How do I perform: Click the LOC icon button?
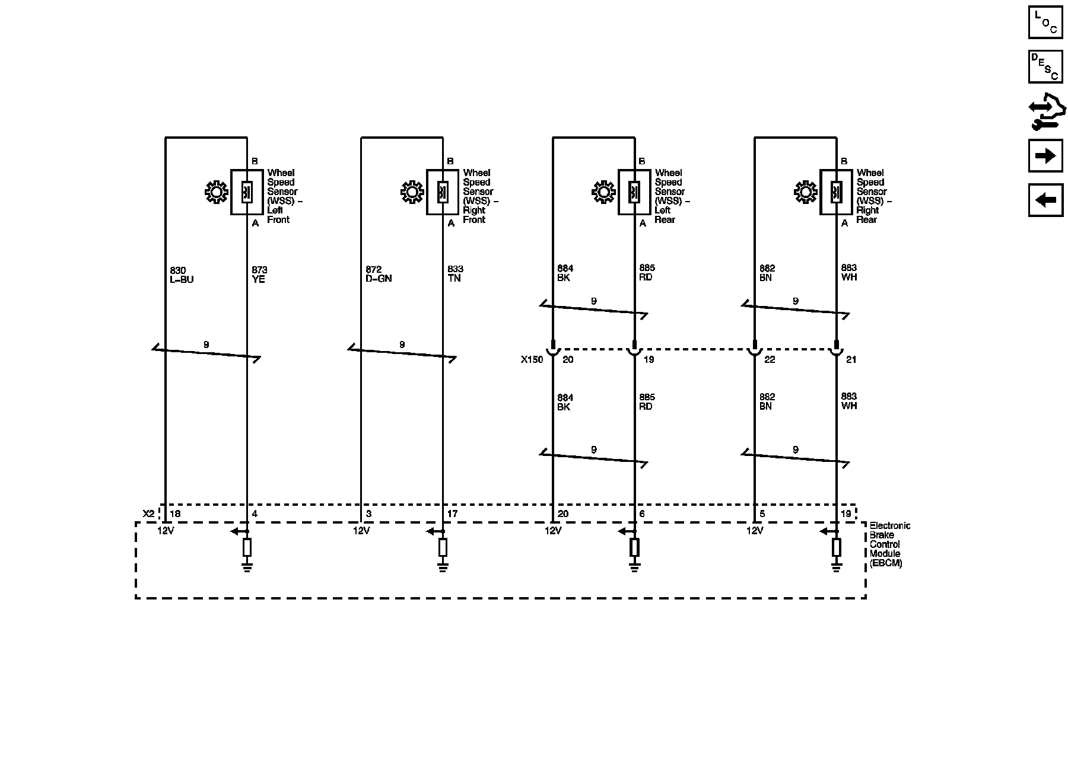click(x=1045, y=23)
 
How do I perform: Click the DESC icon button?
click(x=1045, y=66)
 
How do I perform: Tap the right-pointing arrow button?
click(x=1045, y=156)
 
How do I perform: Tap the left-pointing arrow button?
click(x=1045, y=200)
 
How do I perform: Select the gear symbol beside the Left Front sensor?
click(x=216, y=192)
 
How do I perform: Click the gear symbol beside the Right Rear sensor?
click(x=805, y=192)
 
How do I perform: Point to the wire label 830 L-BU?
click(x=182, y=275)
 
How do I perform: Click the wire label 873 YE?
click(x=259, y=275)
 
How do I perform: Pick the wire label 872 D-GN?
click(x=379, y=274)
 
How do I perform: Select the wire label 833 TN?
click(x=455, y=273)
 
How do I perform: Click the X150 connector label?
click(x=532, y=359)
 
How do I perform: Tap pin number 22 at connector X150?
click(x=770, y=359)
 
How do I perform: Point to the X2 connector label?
click(x=148, y=514)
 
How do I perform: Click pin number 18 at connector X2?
click(x=175, y=514)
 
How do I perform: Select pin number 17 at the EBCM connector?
click(x=452, y=514)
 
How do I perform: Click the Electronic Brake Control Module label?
click(x=889, y=544)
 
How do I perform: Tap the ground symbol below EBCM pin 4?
click(x=247, y=568)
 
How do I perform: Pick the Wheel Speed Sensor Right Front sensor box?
click(x=443, y=192)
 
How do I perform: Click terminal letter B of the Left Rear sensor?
click(x=642, y=161)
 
